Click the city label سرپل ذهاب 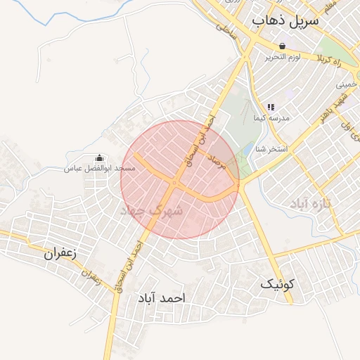(x=285, y=22)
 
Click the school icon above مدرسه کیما (x=271, y=107)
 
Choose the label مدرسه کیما (x=271, y=119)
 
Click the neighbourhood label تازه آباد (x=313, y=202)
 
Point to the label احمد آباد (x=161, y=298)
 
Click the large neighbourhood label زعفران (x=60, y=253)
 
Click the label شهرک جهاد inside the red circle (x=152, y=210)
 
